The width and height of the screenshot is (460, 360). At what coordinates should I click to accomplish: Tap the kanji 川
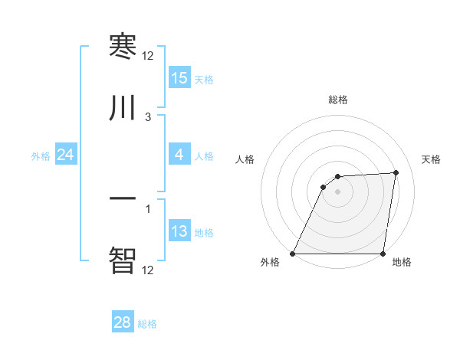123,108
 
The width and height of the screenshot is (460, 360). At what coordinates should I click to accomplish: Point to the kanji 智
123,260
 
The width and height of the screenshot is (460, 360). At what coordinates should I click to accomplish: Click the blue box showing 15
179,78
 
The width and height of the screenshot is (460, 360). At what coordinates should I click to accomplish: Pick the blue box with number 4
179,155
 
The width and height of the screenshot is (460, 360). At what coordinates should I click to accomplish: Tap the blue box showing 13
179,231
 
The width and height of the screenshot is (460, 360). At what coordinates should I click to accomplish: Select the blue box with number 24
66,155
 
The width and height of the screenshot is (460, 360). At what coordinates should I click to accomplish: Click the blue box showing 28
123,322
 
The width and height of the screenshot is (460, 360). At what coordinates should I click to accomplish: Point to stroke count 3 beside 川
148,117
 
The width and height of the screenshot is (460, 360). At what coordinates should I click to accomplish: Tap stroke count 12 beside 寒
148,56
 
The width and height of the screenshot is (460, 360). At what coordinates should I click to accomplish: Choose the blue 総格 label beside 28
147,324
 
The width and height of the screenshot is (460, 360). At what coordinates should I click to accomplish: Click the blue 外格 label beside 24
41,156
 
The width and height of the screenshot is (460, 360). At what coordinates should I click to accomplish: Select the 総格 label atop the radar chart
337,100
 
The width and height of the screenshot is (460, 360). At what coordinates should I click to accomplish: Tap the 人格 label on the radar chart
245,159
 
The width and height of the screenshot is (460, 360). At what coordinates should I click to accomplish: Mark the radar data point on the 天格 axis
396,172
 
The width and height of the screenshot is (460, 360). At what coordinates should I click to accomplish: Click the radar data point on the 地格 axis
383,254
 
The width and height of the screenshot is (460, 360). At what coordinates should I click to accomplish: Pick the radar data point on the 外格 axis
293,254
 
